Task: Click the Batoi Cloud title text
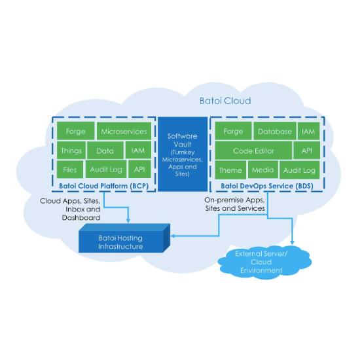(x=225, y=101)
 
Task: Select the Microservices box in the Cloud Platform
(x=124, y=131)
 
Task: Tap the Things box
(x=71, y=151)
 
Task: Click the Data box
(x=105, y=151)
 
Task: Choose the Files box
(x=70, y=170)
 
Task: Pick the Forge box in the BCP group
(x=75, y=131)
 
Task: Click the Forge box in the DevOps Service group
(x=233, y=131)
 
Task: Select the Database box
(x=275, y=131)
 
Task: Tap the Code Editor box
(x=253, y=151)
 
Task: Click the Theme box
(x=230, y=170)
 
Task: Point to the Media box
(x=263, y=170)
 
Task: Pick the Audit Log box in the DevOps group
(x=300, y=170)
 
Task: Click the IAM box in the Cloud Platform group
(x=138, y=151)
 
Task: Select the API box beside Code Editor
(x=307, y=151)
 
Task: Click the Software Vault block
(x=183, y=154)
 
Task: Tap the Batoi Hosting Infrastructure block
(x=124, y=238)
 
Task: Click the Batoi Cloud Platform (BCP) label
(x=104, y=186)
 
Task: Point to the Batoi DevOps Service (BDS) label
(x=267, y=186)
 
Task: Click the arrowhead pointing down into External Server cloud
(x=293, y=243)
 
